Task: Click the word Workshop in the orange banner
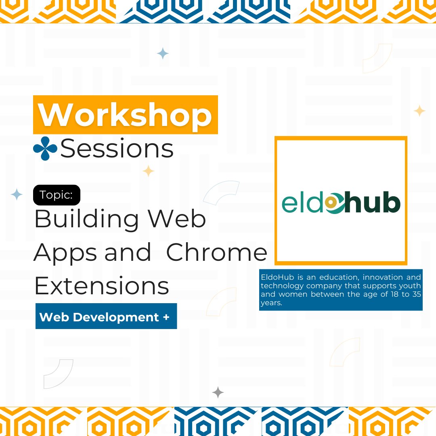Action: (x=125, y=115)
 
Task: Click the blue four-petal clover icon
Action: (x=45, y=149)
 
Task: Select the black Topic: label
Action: (x=57, y=195)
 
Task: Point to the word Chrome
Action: (x=217, y=253)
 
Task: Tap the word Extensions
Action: (x=102, y=286)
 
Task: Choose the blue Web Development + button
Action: (x=106, y=317)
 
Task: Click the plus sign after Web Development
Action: (x=166, y=317)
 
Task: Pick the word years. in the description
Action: (x=271, y=303)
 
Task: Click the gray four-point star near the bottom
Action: (x=218, y=392)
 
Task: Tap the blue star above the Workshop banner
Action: (x=163, y=53)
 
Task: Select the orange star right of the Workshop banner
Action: (x=419, y=111)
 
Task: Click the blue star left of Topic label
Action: (x=17, y=195)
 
